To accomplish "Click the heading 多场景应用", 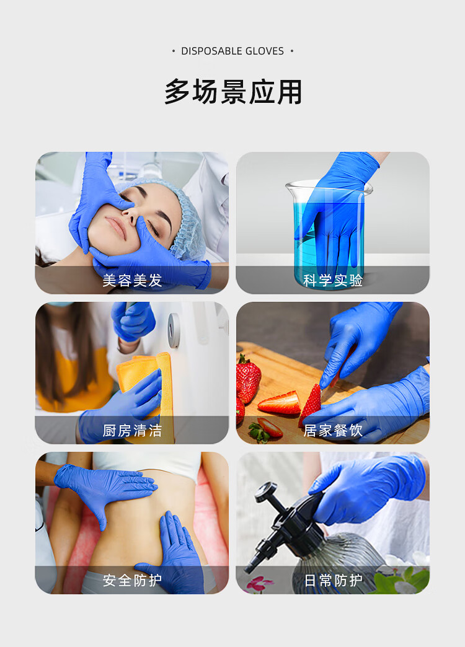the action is [233, 92].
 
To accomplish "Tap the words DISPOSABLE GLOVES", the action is [232, 51].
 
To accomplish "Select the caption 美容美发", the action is [132, 281].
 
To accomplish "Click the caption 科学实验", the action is [333, 281].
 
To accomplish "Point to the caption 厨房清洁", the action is [132, 431].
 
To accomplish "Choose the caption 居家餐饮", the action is [333, 431].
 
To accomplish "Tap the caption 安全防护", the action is [132, 581].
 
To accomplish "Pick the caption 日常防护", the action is [333, 581].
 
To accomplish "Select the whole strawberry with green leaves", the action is [247, 378].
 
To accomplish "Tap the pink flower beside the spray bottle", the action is [260, 583].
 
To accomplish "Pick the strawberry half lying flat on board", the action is [280, 403].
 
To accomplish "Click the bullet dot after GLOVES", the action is [292, 51].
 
